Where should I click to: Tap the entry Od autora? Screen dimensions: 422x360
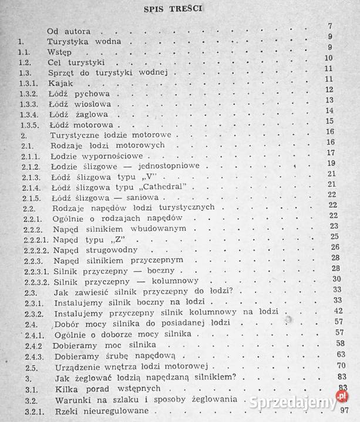69,31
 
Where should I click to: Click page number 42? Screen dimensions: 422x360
337,310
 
